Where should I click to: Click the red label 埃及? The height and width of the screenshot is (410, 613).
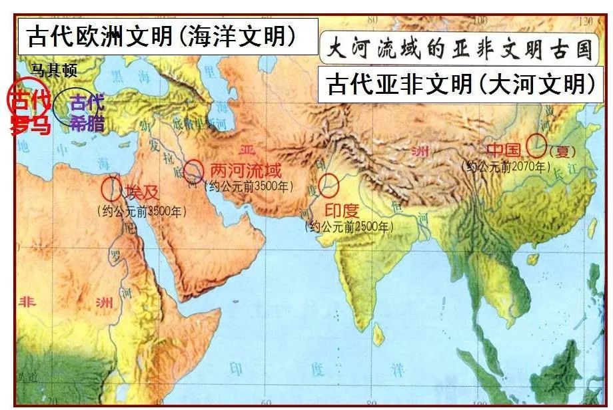[142, 193]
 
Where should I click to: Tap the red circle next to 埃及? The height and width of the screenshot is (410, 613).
[113, 188]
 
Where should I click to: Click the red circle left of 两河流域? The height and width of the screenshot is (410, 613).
[195, 171]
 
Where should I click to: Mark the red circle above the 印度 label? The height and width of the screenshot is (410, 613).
[328, 185]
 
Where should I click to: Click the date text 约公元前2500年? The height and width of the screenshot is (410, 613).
[348, 227]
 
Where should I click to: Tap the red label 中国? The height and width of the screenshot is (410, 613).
[504, 149]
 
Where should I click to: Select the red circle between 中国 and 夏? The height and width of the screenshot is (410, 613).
[536, 145]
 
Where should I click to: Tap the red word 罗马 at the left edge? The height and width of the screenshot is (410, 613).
[31, 125]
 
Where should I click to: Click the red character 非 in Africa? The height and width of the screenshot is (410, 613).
[30, 300]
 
